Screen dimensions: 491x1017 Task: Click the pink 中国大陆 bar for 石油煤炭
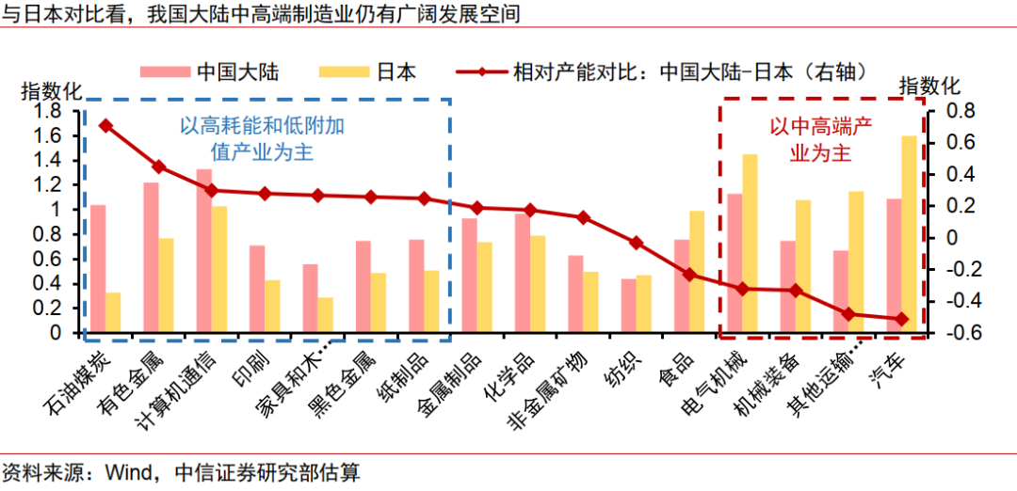pyautogui.click(x=98, y=269)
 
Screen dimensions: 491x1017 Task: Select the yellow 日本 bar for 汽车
pyautogui.click(x=910, y=234)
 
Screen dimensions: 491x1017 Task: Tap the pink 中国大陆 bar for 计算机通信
pyautogui.click(x=203, y=251)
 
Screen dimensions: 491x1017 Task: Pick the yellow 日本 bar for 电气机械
pyautogui.click(x=751, y=244)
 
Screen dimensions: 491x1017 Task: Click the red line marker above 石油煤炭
pyautogui.click(x=105, y=125)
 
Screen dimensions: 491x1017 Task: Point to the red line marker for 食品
pyautogui.click(x=689, y=275)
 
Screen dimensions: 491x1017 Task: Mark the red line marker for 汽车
pyautogui.click(x=901, y=319)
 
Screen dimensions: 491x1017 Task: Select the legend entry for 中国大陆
pyautogui.click(x=211, y=72)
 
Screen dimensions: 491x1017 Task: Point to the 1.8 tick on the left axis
pyautogui.click(x=47, y=111)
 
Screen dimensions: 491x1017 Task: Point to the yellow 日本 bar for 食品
pyautogui.click(x=698, y=272)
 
